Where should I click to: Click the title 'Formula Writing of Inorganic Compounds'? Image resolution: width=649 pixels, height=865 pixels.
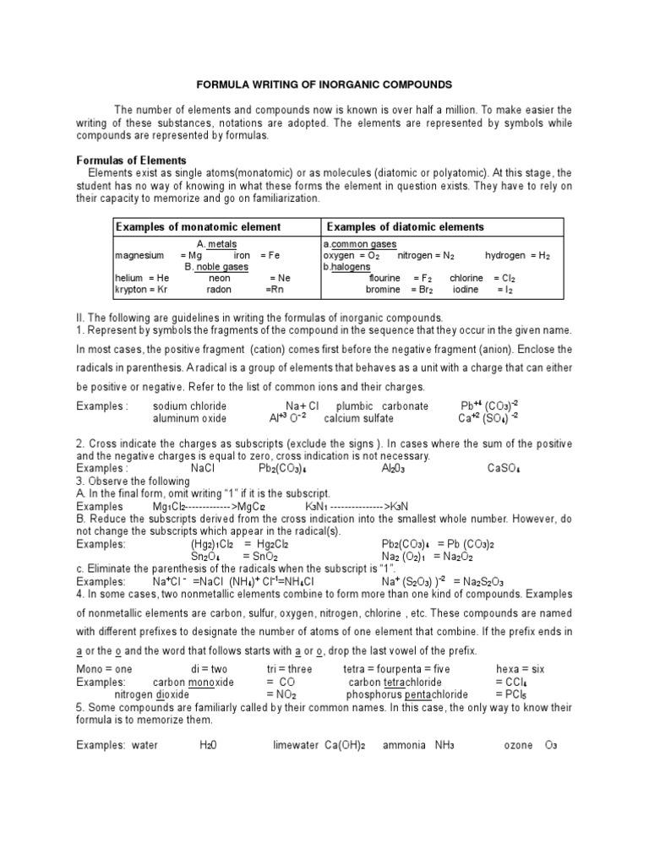(x=324, y=84)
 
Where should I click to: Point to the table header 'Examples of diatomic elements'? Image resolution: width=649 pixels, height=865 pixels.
(x=405, y=227)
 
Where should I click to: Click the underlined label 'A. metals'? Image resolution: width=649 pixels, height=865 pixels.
(x=216, y=243)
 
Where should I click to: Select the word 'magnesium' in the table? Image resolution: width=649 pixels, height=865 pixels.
(x=139, y=255)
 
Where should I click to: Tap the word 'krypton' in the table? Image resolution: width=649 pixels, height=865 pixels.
(x=130, y=289)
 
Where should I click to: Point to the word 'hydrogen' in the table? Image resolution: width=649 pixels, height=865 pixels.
(x=505, y=255)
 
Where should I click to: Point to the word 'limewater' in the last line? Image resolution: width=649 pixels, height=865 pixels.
(x=295, y=746)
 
